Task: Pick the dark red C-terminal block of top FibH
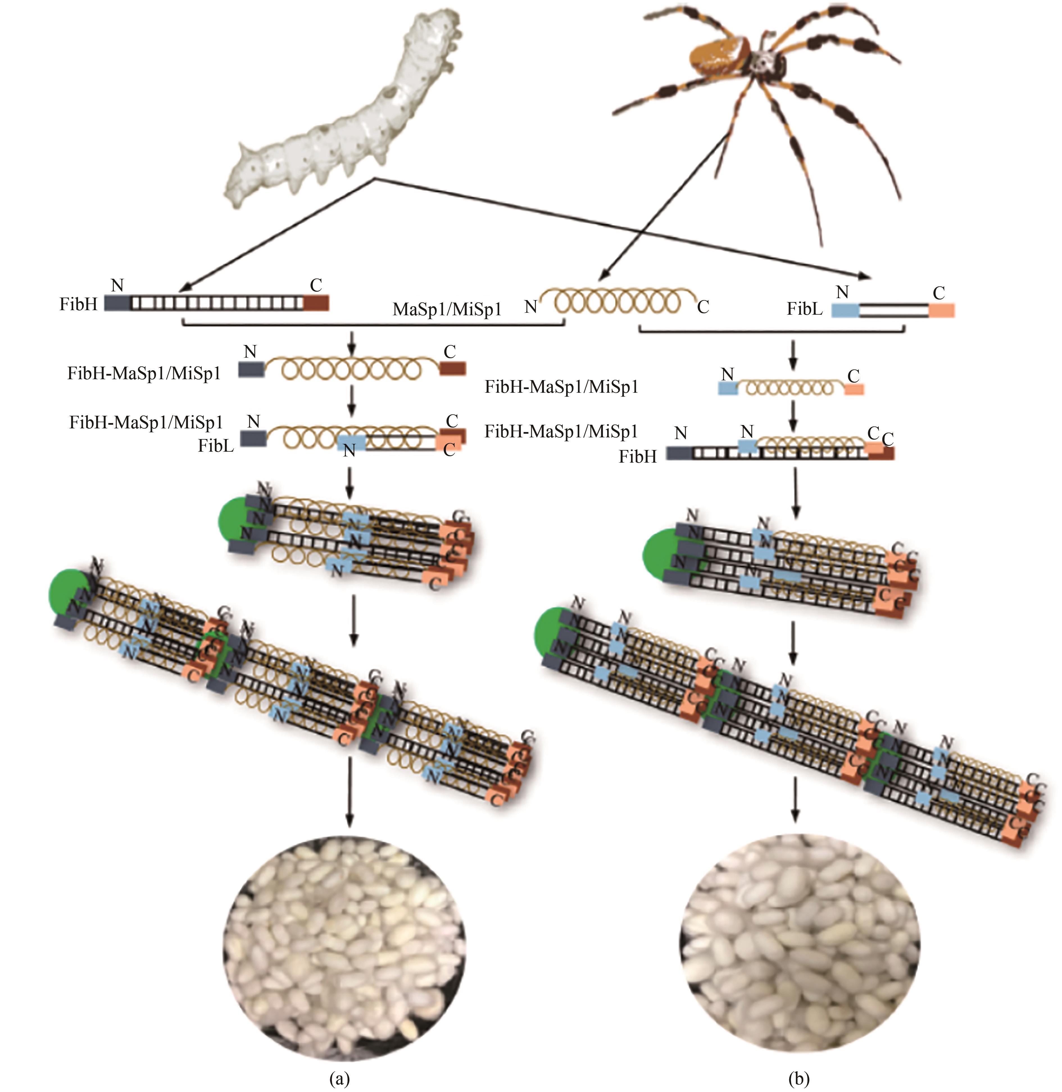coord(316,303)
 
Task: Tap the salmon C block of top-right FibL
coord(941,310)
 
